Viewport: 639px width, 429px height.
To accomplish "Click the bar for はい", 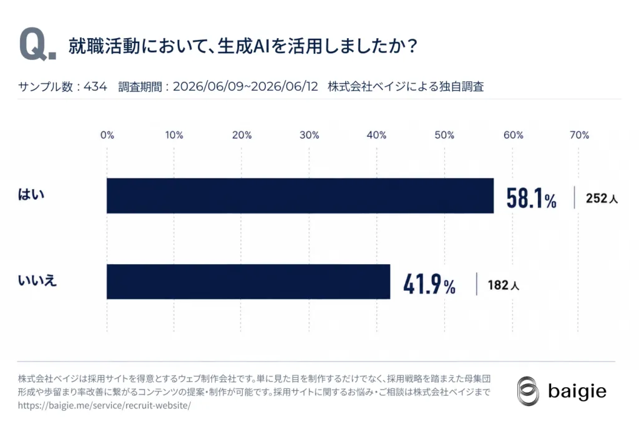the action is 300,195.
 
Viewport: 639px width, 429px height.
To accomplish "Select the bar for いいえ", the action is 248,282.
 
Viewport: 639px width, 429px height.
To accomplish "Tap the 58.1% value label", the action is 531,198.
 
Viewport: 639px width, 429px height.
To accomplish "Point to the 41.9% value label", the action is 429,284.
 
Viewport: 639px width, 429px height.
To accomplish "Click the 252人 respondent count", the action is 602,199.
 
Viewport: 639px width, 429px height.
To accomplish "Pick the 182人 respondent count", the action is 504,285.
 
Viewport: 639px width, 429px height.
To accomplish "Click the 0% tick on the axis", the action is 107,135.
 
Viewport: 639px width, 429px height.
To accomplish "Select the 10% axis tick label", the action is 174,135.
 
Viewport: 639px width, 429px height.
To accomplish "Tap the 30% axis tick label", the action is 310,135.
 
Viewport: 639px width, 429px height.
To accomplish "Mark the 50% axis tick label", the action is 444,135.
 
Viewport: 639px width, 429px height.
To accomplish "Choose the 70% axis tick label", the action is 579,135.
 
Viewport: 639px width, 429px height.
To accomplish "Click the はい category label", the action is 31,195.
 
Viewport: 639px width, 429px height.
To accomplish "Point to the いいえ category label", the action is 37,280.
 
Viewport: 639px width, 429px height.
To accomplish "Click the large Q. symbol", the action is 37,44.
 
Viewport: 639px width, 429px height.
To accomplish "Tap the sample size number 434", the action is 95,86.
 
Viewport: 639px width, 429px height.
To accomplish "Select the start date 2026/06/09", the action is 208,86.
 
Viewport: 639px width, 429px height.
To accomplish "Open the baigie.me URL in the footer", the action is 104,405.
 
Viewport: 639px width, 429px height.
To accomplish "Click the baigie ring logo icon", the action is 528,391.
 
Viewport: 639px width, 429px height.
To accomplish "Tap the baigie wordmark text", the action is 577,392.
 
